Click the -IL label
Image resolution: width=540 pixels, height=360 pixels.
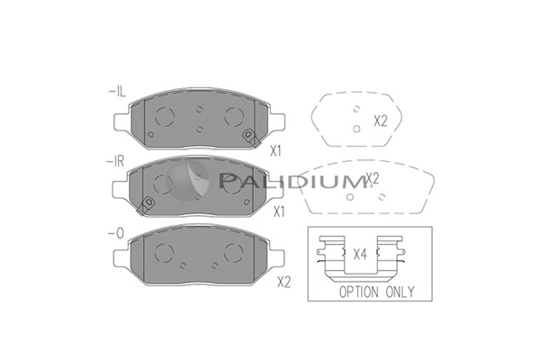pos(117,92)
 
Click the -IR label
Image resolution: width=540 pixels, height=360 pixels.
pos(115,161)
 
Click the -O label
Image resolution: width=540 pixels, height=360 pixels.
pos(116,234)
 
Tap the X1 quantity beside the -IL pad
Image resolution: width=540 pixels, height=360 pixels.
pos(275,151)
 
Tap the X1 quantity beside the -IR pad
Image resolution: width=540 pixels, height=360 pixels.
pos(279,211)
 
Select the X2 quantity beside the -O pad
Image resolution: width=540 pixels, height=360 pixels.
pos(284,283)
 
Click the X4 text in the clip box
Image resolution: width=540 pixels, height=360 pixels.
pos(360,255)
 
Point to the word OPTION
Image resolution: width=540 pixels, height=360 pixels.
pos(358,292)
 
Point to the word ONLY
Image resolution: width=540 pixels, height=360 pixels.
pos(400,292)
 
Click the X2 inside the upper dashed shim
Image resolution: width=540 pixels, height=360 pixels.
pos(381,121)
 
